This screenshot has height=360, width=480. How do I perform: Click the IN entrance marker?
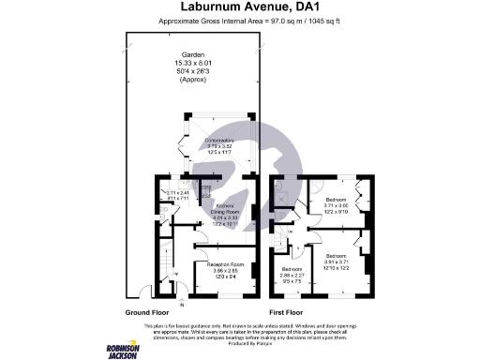pyautogui.click(x=182, y=305)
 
